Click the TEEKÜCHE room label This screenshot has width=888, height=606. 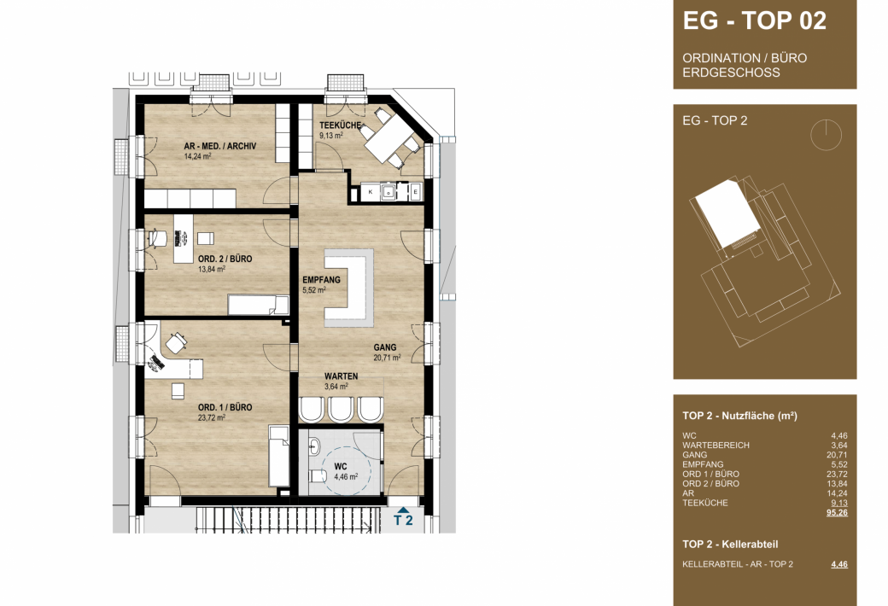(x=340, y=125)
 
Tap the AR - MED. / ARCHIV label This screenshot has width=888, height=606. (x=219, y=146)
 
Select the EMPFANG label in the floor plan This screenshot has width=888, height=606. (x=321, y=280)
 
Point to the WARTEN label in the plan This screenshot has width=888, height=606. (x=341, y=376)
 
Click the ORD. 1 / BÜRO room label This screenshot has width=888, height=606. (x=225, y=407)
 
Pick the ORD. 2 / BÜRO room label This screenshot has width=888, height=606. (x=225, y=259)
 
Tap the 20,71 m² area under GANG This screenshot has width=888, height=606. (x=387, y=358)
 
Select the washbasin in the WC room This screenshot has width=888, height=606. (x=313, y=448)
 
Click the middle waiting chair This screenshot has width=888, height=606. (x=341, y=409)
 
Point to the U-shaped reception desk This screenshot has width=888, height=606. (x=349, y=288)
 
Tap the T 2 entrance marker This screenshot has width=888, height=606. (x=403, y=517)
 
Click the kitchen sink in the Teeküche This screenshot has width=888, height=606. (x=389, y=192)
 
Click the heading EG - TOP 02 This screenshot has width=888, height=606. (x=754, y=21)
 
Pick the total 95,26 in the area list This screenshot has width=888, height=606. (x=837, y=513)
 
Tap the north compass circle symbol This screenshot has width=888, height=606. (x=826, y=135)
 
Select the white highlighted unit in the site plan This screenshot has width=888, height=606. (x=728, y=214)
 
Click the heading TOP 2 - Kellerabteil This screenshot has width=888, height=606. (x=730, y=545)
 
